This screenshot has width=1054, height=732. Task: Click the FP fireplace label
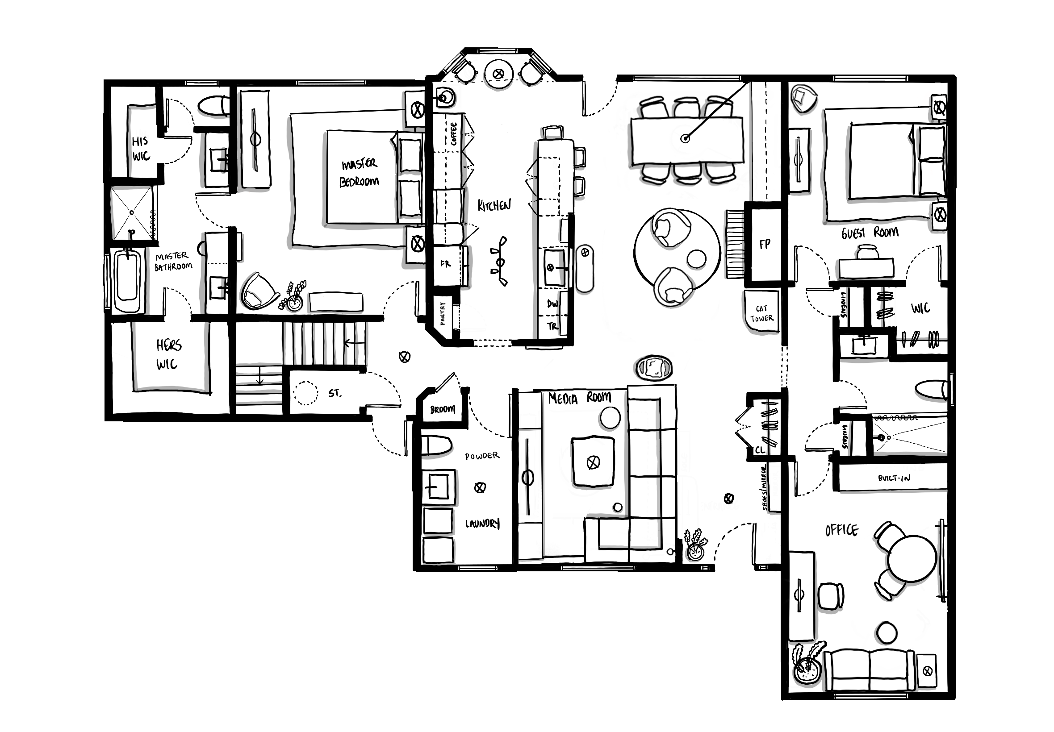click(764, 245)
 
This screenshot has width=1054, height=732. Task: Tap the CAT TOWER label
click(762, 314)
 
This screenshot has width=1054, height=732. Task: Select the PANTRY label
click(443, 313)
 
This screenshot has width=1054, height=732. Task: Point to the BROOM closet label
click(443, 409)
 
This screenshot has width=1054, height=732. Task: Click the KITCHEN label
click(494, 205)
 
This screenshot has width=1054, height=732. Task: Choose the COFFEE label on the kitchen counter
click(454, 134)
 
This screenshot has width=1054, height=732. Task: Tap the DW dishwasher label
click(552, 304)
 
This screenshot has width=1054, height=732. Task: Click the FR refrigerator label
click(446, 264)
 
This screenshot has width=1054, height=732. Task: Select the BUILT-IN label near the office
click(894, 478)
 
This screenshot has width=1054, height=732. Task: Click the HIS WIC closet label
click(141, 149)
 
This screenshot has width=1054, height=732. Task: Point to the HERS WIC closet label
click(168, 354)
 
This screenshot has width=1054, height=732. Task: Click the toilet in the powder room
click(437, 446)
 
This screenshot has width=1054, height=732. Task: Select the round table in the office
click(911, 559)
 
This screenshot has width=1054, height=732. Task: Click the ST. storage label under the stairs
click(335, 393)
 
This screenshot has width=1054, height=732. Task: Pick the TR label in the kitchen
click(552, 326)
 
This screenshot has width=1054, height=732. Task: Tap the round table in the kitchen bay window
click(498, 73)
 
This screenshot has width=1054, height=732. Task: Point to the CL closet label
click(760, 450)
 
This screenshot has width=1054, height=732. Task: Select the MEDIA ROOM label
click(580, 398)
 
